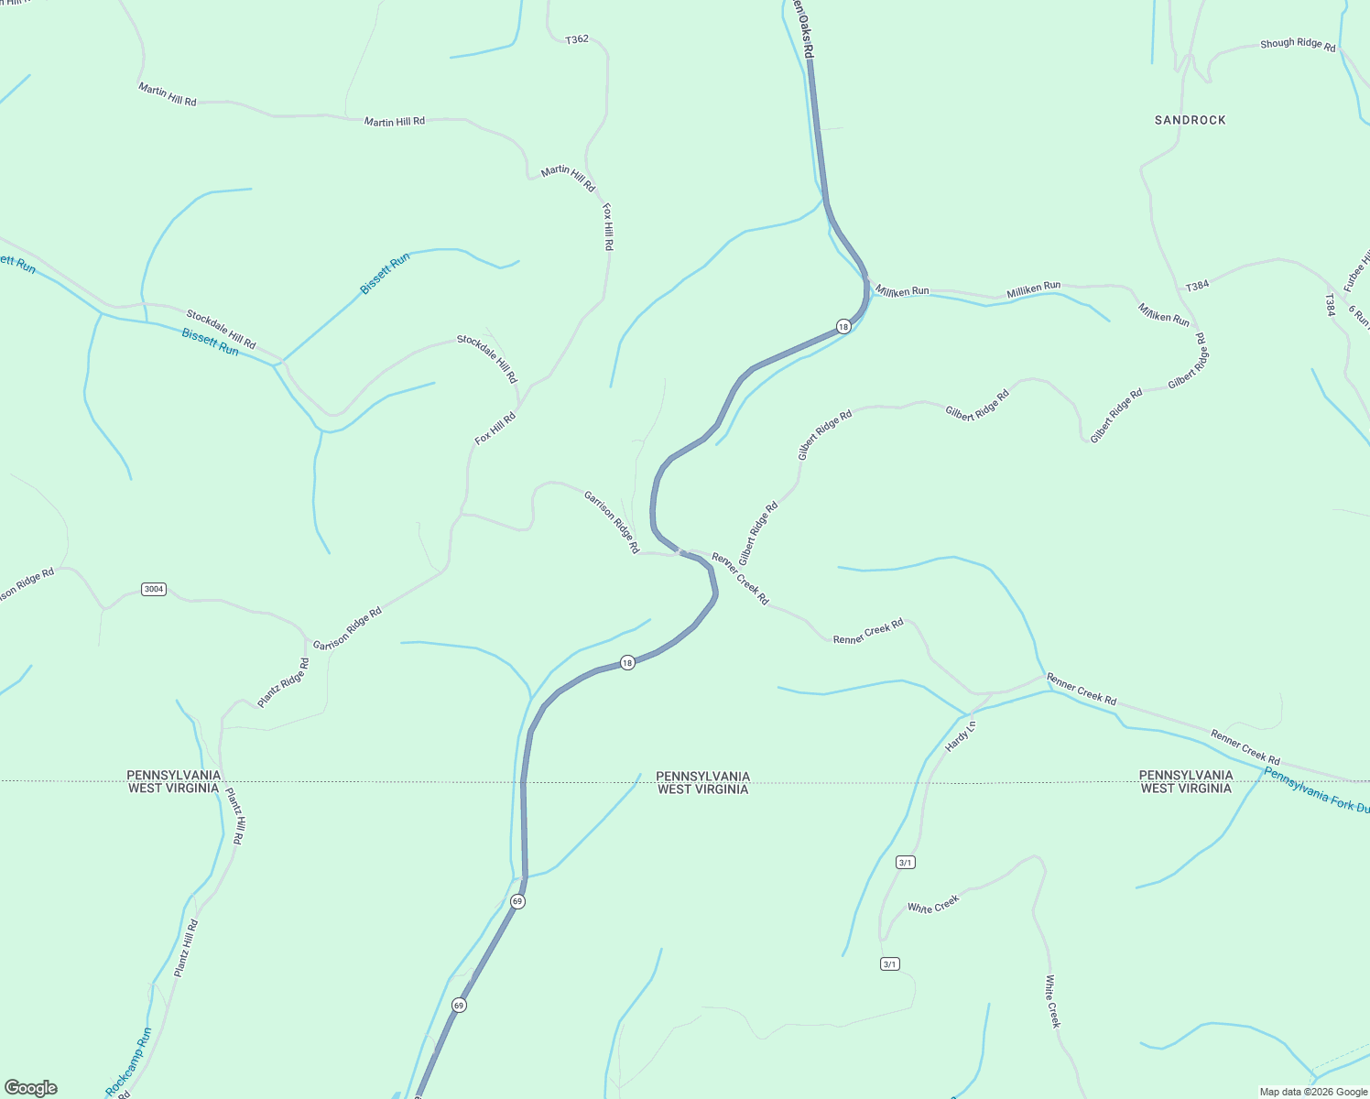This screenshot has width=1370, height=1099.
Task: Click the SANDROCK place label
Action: coord(1190,120)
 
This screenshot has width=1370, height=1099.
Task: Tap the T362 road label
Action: coord(577,39)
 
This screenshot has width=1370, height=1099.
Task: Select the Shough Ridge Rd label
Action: coord(1298,44)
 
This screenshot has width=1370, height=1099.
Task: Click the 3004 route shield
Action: coord(154,589)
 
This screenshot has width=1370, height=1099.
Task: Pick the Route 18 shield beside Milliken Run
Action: coord(843,326)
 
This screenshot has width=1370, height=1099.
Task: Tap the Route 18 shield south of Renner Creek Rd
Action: coord(627,662)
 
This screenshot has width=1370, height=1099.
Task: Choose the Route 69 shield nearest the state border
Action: coord(517,901)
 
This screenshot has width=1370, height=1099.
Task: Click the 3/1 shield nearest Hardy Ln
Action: coord(906,862)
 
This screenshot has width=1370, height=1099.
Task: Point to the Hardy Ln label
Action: coord(961,736)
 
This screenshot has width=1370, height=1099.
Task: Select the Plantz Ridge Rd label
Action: coord(283,682)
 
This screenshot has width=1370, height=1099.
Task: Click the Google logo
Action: coord(30,1088)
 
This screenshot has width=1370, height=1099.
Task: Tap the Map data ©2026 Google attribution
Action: coord(1313,1092)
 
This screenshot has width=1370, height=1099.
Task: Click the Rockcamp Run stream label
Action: coord(129,1062)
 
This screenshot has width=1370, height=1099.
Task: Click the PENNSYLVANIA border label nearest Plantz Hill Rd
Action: coord(174,775)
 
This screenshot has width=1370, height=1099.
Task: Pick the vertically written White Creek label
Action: coord(1053,1000)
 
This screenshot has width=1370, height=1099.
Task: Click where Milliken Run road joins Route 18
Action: coord(865,285)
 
